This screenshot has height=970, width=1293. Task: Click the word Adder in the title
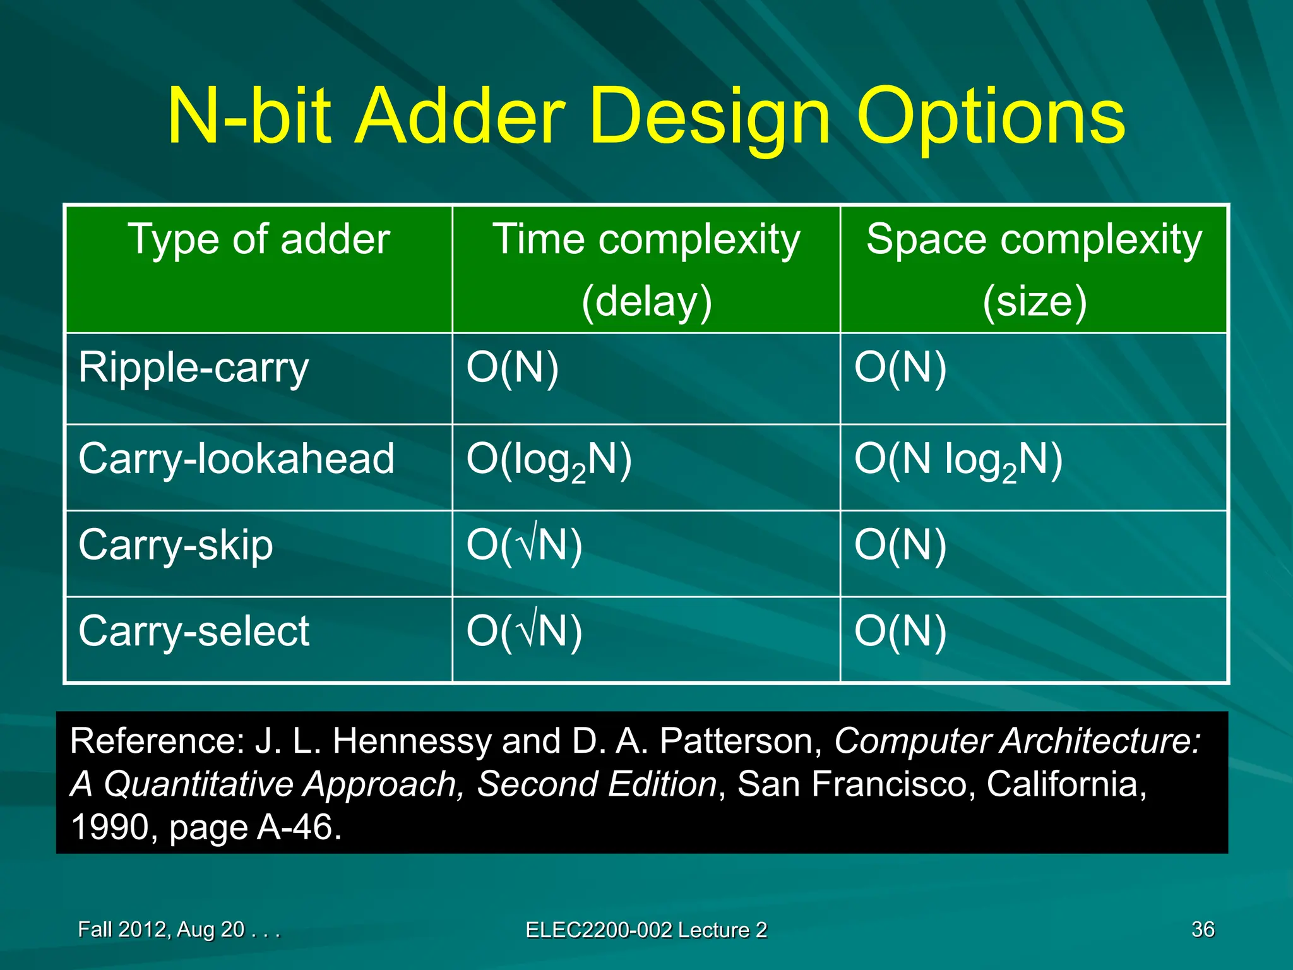click(460, 117)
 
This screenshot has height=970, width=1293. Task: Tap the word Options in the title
click(991, 117)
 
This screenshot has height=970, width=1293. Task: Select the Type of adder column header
click(259, 240)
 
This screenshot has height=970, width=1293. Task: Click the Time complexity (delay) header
click(646, 270)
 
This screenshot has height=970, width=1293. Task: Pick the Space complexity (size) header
click(1034, 270)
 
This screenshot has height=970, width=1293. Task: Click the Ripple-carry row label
click(194, 368)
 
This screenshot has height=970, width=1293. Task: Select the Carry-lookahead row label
click(237, 459)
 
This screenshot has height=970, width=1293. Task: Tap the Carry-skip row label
click(176, 545)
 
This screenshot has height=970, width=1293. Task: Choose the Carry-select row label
click(194, 631)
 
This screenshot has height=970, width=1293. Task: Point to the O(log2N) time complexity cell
click(549, 460)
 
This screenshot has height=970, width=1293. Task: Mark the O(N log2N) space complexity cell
click(958, 460)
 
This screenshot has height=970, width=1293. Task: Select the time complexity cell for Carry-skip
click(524, 545)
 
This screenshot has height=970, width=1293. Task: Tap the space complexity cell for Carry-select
click(900, 631)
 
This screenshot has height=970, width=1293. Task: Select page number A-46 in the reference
click(299, 827)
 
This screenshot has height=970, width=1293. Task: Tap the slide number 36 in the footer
click(1203, 930)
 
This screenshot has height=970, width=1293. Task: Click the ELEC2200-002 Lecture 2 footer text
click(646, 930)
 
